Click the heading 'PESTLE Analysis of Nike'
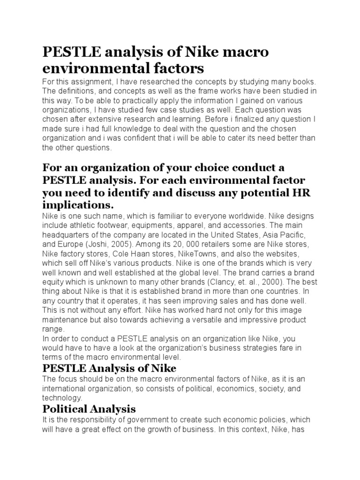[x=109, y=368]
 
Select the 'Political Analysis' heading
[x=89, y=409]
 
